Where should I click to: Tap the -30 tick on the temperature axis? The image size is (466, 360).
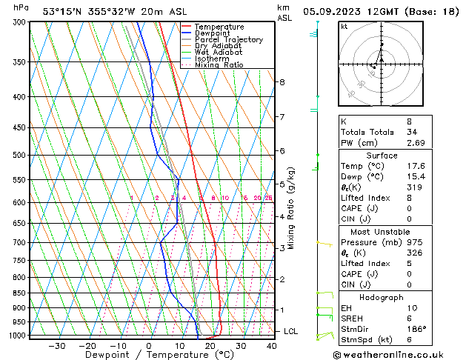pos(56,345)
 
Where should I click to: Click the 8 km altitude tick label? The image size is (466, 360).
pos(282,81)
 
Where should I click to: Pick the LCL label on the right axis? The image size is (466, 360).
pos(290,331)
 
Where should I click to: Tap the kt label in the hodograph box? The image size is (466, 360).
pos(344,26)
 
